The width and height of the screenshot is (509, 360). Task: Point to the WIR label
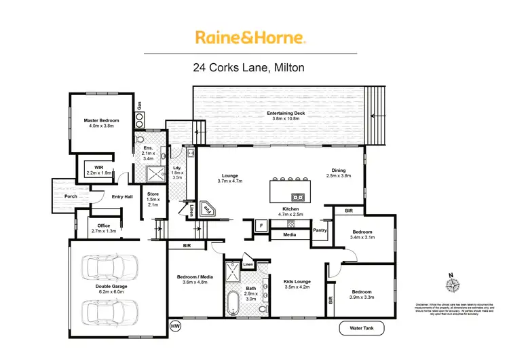98,170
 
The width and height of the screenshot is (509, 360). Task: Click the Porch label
70,196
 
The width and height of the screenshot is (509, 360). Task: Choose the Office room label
103,228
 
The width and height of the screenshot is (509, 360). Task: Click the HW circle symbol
176,327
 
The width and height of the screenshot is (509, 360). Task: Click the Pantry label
320,231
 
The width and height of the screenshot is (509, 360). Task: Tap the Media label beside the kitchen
288,235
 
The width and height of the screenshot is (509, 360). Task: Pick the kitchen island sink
300,198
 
